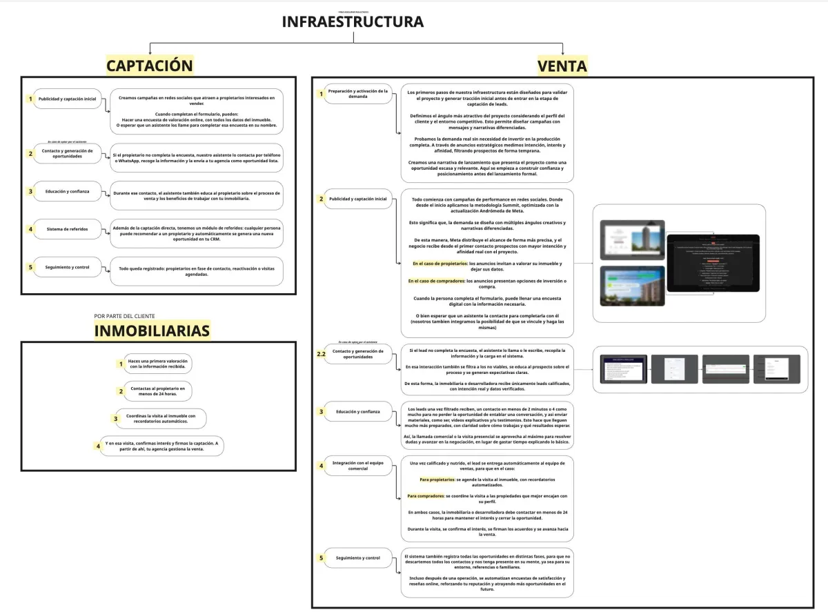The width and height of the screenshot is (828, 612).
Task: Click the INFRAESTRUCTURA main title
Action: click(353, 22)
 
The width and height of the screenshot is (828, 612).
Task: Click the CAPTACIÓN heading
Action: click(149, 66)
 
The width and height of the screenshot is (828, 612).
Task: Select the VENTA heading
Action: click(562, 66)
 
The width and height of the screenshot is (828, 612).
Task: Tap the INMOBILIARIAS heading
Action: click(152, 331)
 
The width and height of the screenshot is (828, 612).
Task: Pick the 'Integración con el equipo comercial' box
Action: click(358, 466)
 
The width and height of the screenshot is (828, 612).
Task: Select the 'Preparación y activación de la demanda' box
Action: click(358, 94)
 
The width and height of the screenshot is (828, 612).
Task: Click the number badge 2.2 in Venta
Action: click(321, 354)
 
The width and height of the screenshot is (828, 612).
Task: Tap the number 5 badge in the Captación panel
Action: click(30, 267)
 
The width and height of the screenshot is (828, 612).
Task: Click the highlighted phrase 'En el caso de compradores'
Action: click(435, 281)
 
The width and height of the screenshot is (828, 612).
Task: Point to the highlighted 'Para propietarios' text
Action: click(437, 479)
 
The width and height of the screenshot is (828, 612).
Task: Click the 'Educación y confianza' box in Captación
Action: click(68, 191)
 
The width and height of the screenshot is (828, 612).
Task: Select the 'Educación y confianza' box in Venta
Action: click(358, 412)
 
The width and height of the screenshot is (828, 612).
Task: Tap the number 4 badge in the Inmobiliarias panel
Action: click(99, 446)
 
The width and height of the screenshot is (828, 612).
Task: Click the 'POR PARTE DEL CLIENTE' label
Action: click(125, 317)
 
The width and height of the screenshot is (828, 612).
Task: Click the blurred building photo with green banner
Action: click(631, 286)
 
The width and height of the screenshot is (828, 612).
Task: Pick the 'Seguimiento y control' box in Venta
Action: click(358, 557)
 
